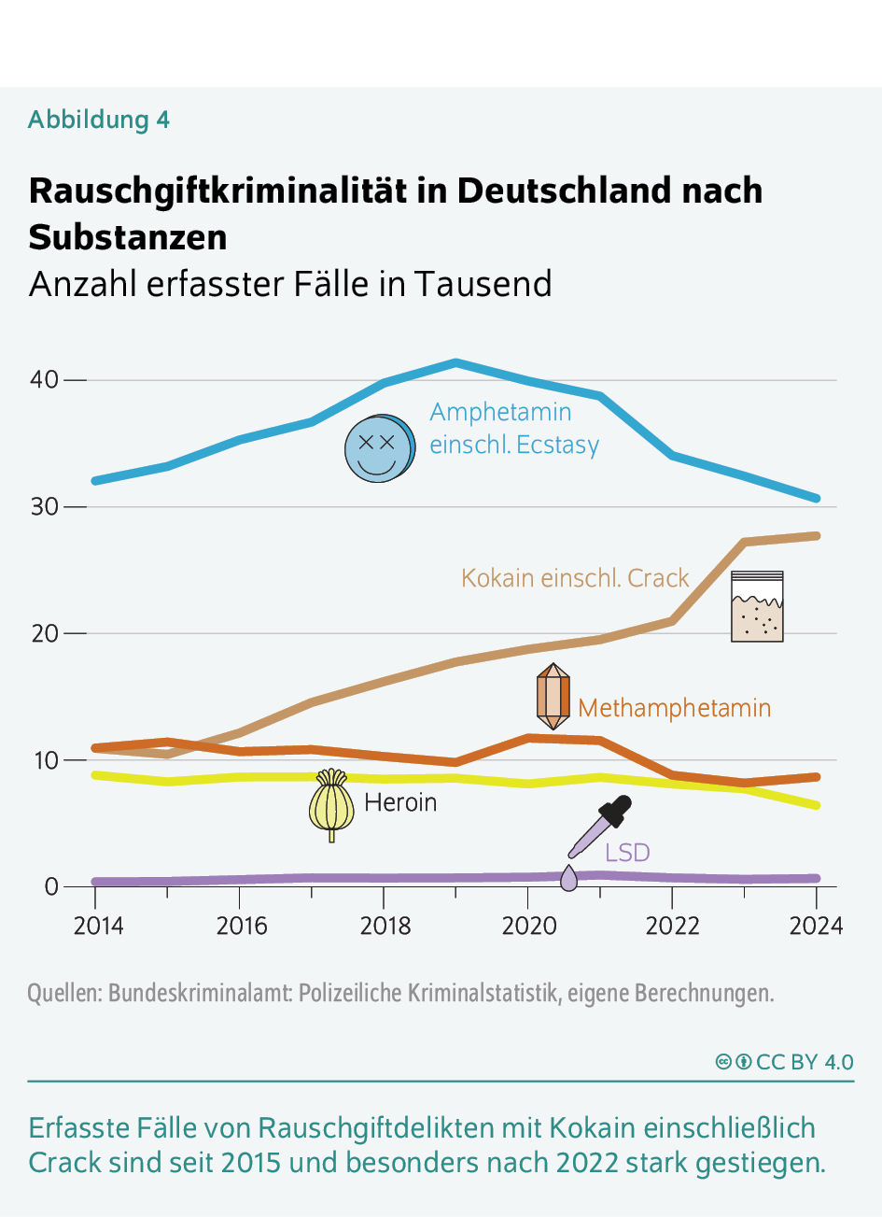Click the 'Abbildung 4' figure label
(99, 120)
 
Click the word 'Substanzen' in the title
(128, 237)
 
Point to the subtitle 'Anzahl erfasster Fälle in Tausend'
(290, 284)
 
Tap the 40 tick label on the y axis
(44, 380)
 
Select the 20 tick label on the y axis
(44, 633)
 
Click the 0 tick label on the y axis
(51, 886)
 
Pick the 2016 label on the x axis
(241, 926)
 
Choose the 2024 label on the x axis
(815, 926)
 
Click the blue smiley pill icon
(378, 448)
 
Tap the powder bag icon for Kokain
(757, 607)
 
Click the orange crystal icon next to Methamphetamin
(553, 697)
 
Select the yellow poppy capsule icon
(331, 804)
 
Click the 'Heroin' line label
(400, 802)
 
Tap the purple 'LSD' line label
(627, 852)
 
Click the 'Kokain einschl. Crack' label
(575, 578)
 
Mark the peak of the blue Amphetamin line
(455, 362)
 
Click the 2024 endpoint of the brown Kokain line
(816, 536)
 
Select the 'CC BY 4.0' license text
(804, 1062)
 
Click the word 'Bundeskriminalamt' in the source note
(201, 993)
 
